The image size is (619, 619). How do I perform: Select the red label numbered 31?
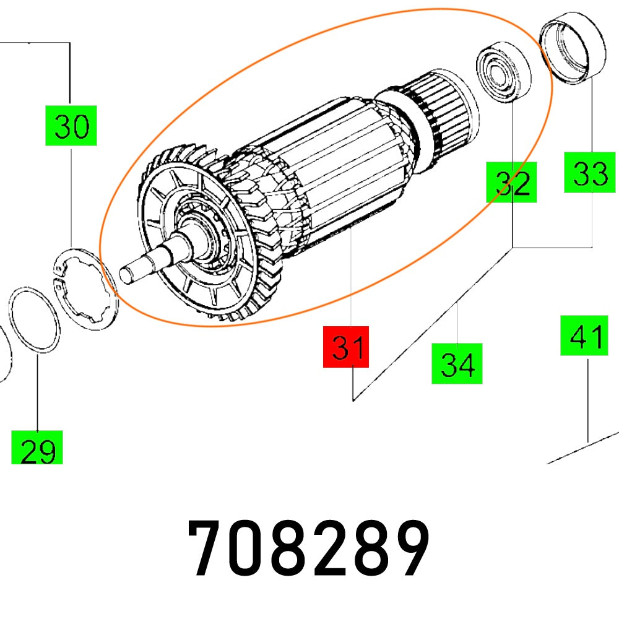click(x=346, y=347)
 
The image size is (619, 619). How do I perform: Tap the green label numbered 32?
click(x=512, y=183)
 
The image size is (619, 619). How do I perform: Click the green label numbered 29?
click(x=37, y=449)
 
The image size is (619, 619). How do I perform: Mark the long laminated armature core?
click(x=334, y=167)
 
